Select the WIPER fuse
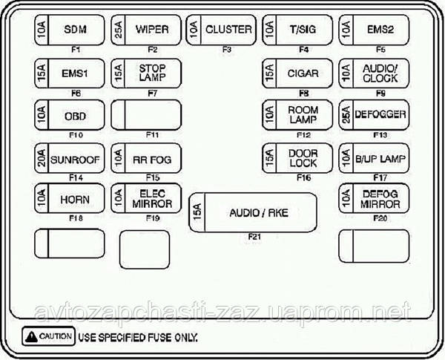coord(146,30)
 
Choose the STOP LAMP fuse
coord(146,73)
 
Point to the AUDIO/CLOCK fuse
coord(375,73)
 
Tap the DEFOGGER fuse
coord(375,116)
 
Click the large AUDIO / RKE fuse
coord(253,213)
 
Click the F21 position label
coord(253,238)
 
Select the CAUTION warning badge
coord(48,336)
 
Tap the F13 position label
coord(380,134)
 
